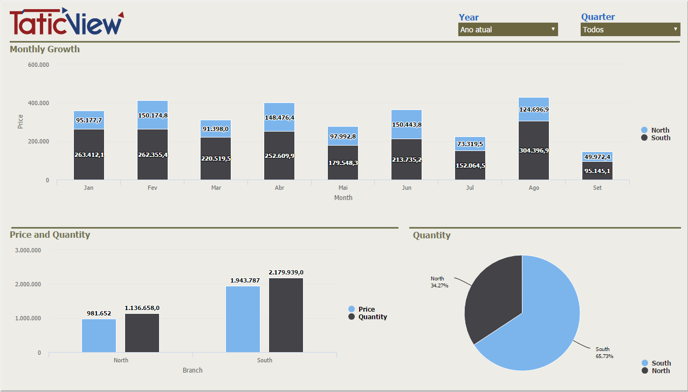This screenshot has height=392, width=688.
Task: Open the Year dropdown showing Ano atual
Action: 507,30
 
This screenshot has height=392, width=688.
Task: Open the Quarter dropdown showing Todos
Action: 630,30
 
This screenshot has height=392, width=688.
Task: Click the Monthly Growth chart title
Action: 45,49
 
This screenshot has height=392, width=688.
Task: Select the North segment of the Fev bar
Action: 153,115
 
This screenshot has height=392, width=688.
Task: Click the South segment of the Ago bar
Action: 534,150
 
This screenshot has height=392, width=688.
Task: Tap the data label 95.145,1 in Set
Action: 597,171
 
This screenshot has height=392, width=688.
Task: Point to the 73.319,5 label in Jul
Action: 470,144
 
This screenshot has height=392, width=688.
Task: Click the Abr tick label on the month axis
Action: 279,188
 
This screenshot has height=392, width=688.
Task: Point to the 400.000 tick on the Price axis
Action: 38,103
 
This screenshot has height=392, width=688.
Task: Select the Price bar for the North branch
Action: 99,335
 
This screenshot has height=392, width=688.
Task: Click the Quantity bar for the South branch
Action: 286,315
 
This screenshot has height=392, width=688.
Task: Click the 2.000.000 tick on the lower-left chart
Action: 28,284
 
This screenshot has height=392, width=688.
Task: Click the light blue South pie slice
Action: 539,324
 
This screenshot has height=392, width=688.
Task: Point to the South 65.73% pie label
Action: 604,353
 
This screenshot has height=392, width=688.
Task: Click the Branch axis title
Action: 192,370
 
